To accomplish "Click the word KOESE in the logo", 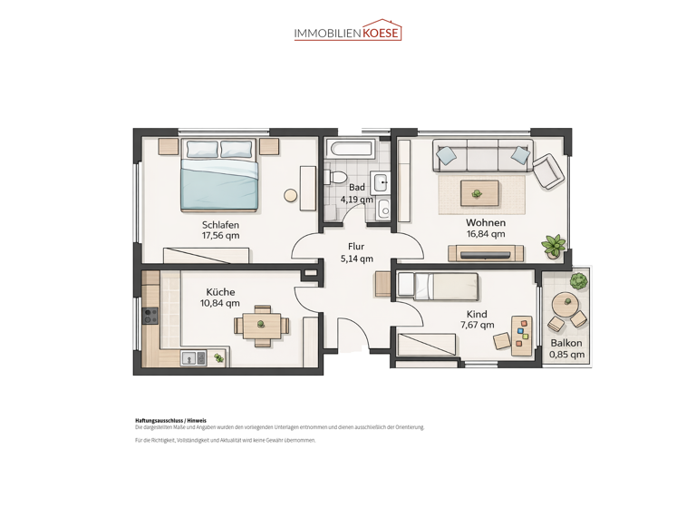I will (381, 34).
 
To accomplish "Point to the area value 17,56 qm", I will (220, 236).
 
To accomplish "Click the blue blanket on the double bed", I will (220, 186).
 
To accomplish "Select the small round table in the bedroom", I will (291, 195).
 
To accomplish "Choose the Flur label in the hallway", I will (356, 246).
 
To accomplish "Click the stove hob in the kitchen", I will (150, 316).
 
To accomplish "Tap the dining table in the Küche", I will (261, 324).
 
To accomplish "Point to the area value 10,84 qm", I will (220, 304).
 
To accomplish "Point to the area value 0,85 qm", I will (566, 355).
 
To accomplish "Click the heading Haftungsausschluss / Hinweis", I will (171, 421).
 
